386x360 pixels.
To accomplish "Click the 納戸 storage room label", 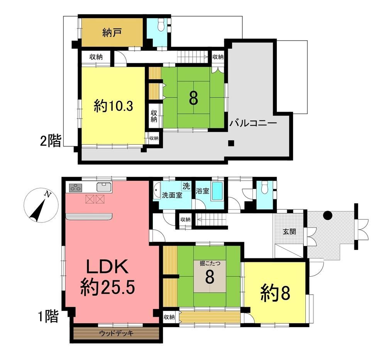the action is click(x=112, y=32).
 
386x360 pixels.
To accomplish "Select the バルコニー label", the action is click(x=253, y=123).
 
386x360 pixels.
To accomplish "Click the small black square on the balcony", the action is click(x=231, y=143).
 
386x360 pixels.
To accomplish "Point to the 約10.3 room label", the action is click(x=113, y=107).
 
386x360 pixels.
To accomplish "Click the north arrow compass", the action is click(x=41, y=205).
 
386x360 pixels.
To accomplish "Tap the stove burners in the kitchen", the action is click(x=76, y=188).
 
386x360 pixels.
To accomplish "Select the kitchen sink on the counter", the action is click(x=104, y=187).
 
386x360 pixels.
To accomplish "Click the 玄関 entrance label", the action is click(x=289, y=231).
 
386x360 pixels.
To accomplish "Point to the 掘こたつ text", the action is click(x=210, y=263).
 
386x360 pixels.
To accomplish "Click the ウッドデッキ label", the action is click(x=116, y=333).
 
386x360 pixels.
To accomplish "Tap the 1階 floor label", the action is click(x=49, y=316).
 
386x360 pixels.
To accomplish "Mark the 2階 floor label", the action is click(x=51, y=141).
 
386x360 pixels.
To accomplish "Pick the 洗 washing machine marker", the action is click(x=186, y=186).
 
